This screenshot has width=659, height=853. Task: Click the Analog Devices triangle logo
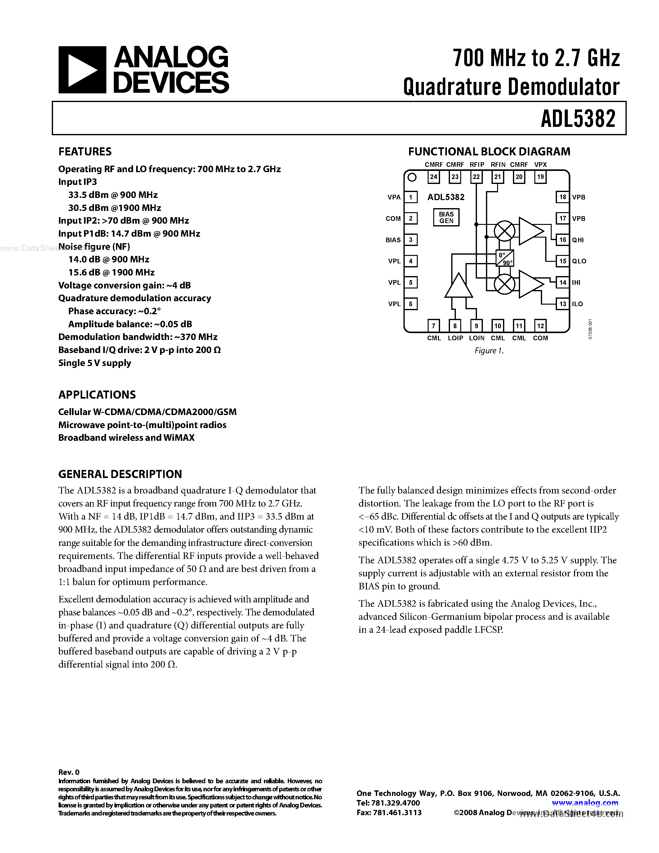click(82, 70)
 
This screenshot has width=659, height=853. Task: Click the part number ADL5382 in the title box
click(578, 119)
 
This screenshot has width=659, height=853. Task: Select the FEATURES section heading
click(85, 152)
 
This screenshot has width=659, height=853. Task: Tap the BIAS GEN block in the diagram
click(446, 217)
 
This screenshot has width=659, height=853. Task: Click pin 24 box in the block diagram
click(433, 177)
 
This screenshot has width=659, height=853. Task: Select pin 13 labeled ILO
click(562, 304)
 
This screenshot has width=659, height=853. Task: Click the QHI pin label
click(578, 240)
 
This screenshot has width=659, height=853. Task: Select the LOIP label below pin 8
click(455, 338)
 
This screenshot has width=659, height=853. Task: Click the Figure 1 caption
click(489, 351)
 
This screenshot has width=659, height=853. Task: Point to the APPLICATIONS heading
click(97, 395)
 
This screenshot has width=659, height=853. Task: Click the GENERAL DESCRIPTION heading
click(120, 474)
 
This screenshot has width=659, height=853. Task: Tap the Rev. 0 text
click(69, 772)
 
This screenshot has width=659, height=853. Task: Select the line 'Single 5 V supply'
click(95, 363)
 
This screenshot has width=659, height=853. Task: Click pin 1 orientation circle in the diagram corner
click(412, 178)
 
